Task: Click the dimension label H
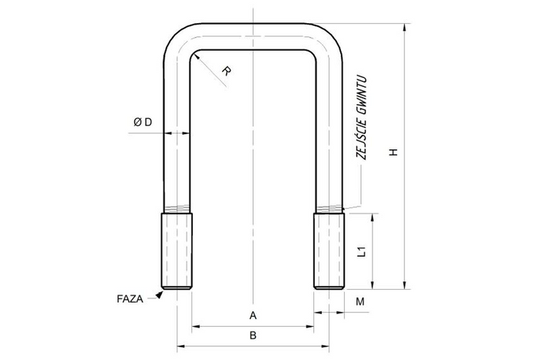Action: tap(393, 153)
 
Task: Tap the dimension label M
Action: tap(359, 301)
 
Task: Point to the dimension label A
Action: tap(252, 315)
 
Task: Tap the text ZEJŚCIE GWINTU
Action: tap(359, 116)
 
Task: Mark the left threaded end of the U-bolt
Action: tap(177, 251)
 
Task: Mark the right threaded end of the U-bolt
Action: tap(329, 251)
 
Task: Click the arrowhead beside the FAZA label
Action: tap(160, 293)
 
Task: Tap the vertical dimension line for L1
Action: tap(374, 251)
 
